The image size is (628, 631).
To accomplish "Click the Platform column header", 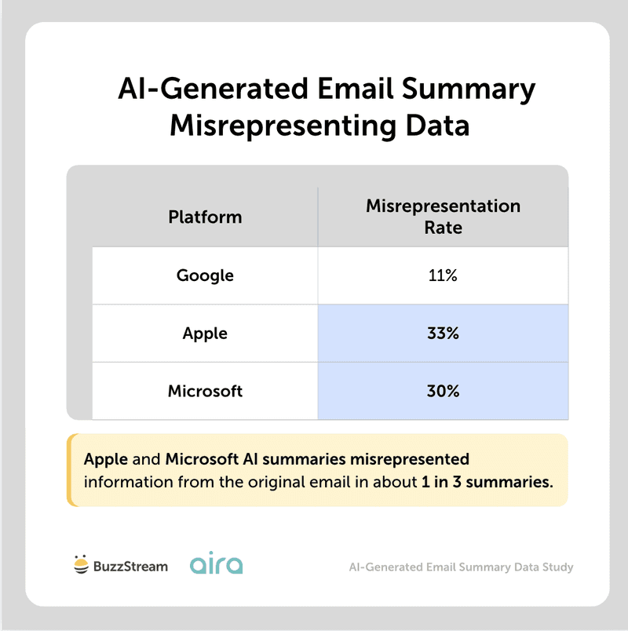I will click(x=205, y=217).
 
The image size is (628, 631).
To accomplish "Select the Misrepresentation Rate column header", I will click(x=443, y=217).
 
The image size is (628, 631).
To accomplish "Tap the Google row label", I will click(x=205, y=275).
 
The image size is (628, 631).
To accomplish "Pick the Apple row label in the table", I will click(x=205, y=334).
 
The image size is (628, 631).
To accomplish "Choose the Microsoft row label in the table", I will click(x=205, y=391).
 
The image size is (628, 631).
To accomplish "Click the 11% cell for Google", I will click(x=443, y=275).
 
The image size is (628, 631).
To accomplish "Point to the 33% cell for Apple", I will click(x=443, y=334).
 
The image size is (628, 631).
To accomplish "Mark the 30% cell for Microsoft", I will click(x=443, y=391).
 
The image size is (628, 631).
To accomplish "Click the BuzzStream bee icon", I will click(x=79, y=565).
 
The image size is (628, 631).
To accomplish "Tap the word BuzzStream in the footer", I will click(x=130, y=566).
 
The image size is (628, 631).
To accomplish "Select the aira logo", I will click(x=216, y=564).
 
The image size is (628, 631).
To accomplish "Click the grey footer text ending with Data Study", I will click(x=461, y=567).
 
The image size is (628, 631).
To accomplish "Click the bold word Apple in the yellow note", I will click(x=106, y=458).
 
